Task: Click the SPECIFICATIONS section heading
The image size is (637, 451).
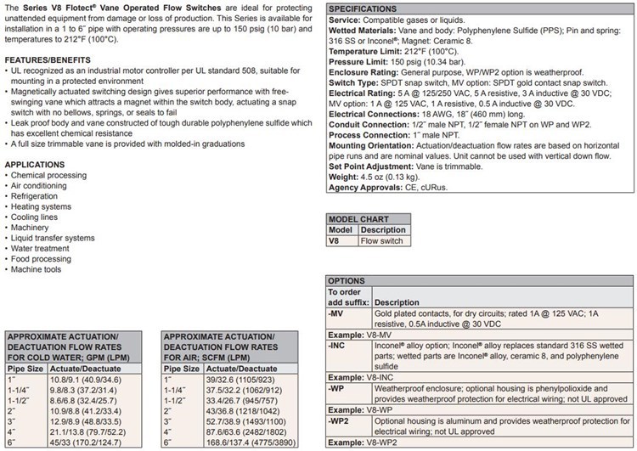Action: point(370,8)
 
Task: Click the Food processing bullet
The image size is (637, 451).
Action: point(42,258)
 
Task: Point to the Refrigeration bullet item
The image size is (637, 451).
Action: point(35,195)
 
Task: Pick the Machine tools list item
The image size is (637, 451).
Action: point(37,269)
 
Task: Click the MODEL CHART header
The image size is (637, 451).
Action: point(360,218)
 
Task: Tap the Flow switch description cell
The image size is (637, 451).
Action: point(382,240)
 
